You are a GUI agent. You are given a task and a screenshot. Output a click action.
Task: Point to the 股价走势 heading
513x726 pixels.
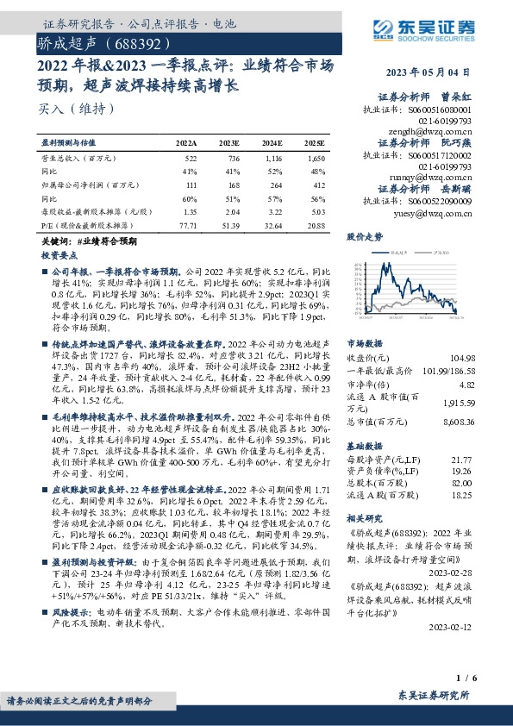point(365,235)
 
